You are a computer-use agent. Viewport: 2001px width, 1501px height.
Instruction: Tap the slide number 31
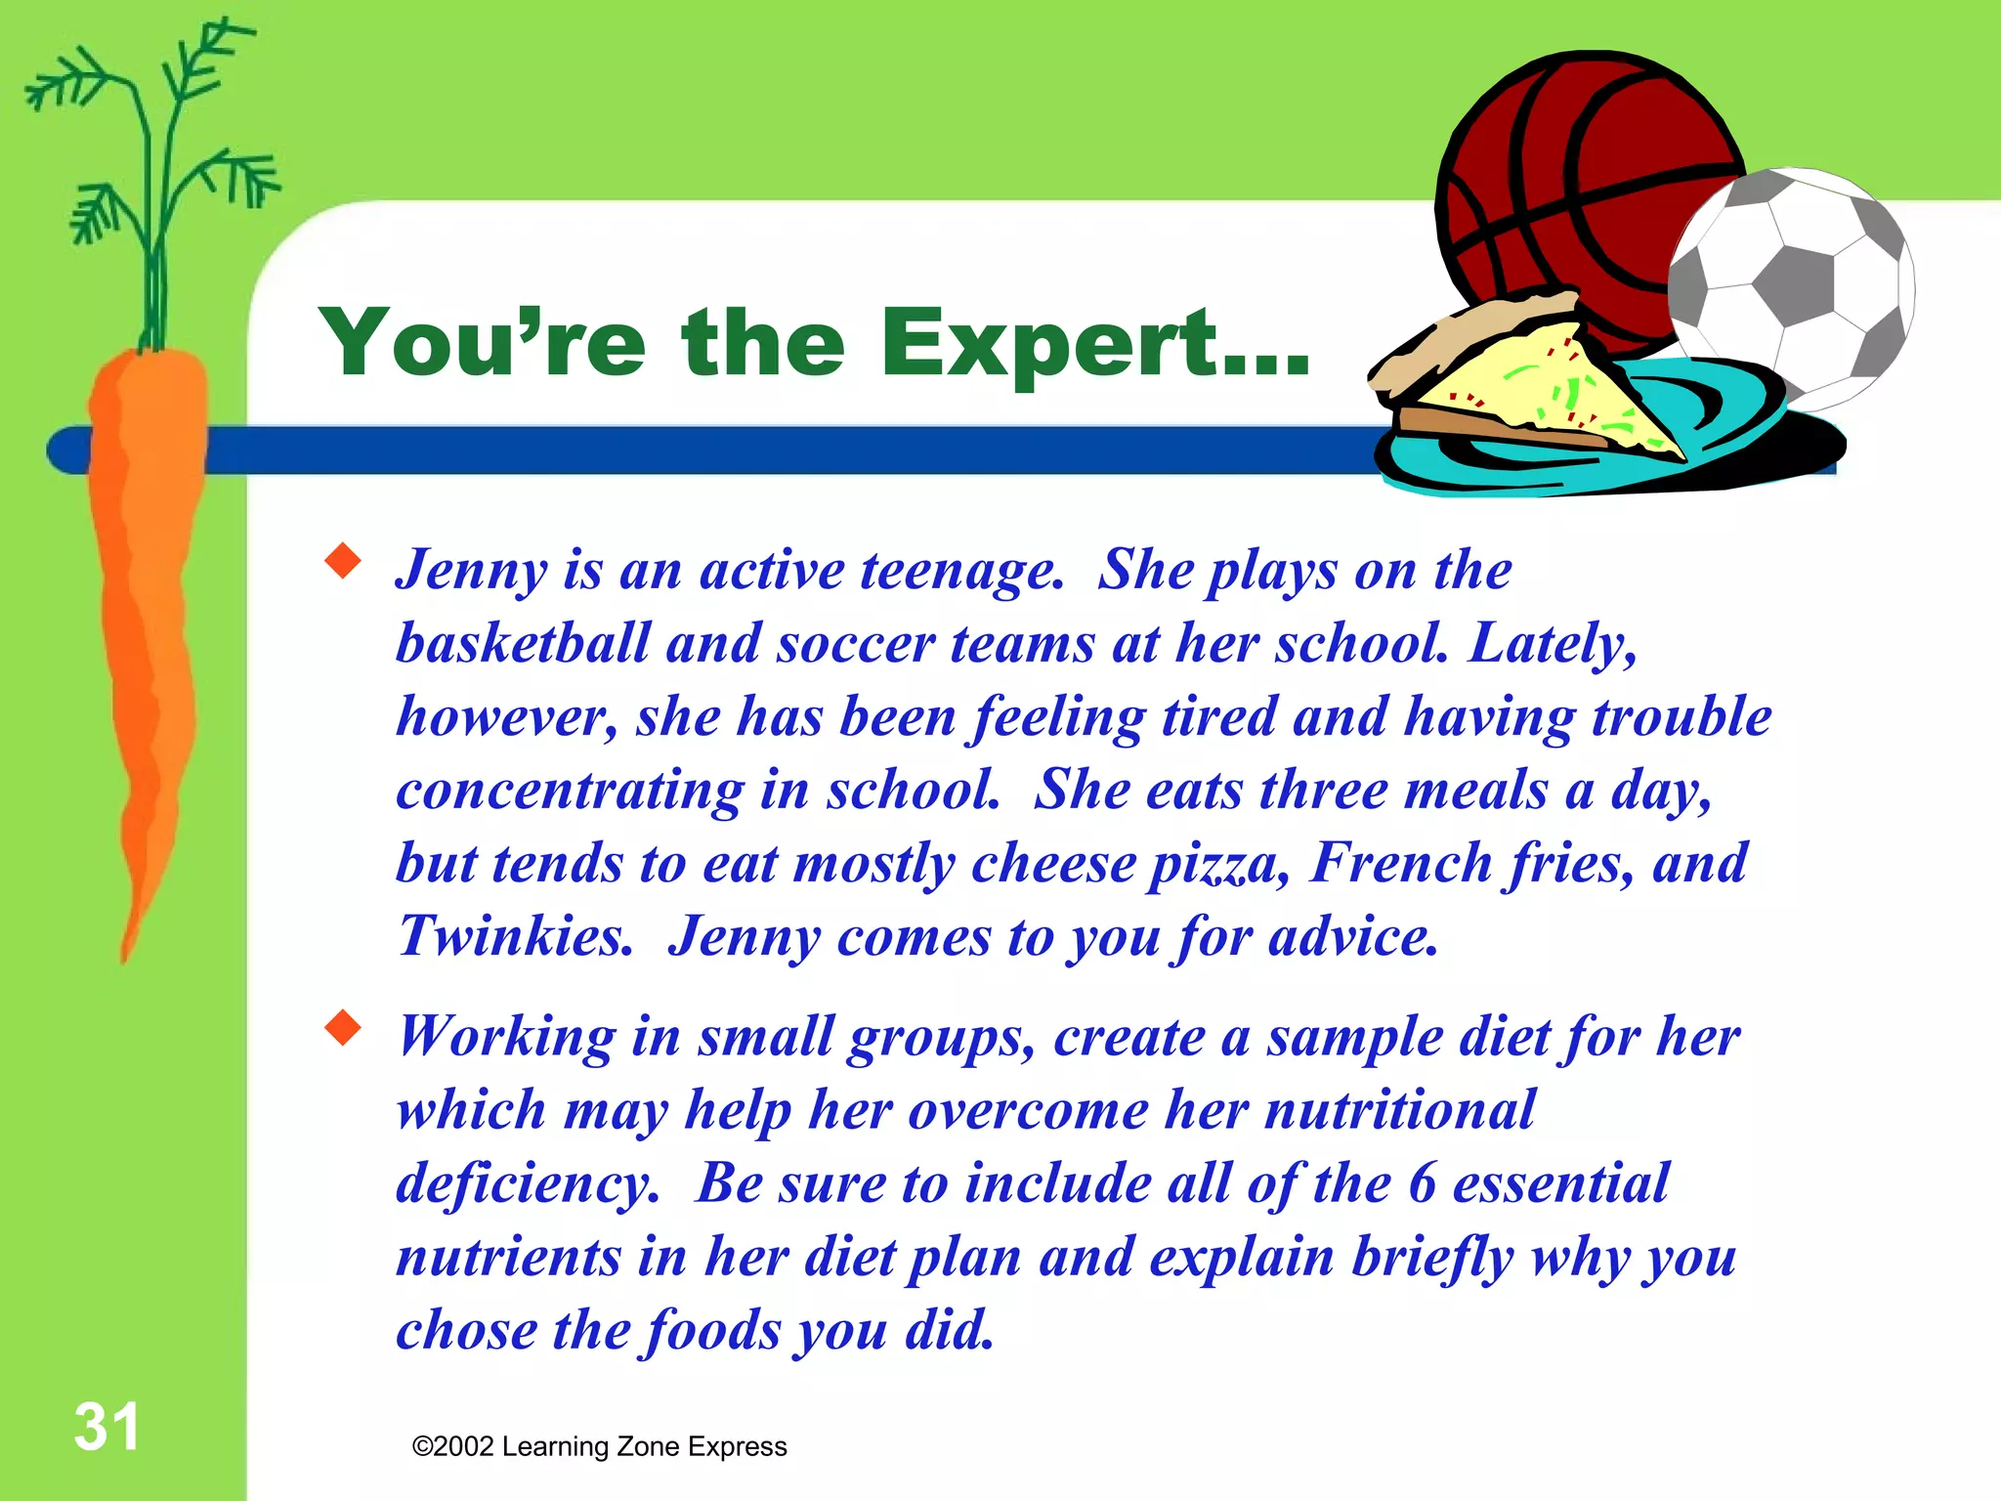106,1428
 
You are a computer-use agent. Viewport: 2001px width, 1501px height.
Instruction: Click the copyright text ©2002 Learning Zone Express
599,1447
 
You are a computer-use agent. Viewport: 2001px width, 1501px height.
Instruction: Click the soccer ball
1793,283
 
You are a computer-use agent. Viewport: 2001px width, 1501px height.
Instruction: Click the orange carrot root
147,606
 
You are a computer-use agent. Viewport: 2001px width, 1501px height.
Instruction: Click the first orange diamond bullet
343,562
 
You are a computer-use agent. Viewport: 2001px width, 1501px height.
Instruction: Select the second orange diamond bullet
343,1028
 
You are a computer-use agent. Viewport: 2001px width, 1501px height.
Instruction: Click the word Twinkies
515,937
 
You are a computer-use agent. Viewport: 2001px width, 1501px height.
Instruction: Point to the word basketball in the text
523,644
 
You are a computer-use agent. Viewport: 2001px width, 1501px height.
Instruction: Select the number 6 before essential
1422,1183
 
